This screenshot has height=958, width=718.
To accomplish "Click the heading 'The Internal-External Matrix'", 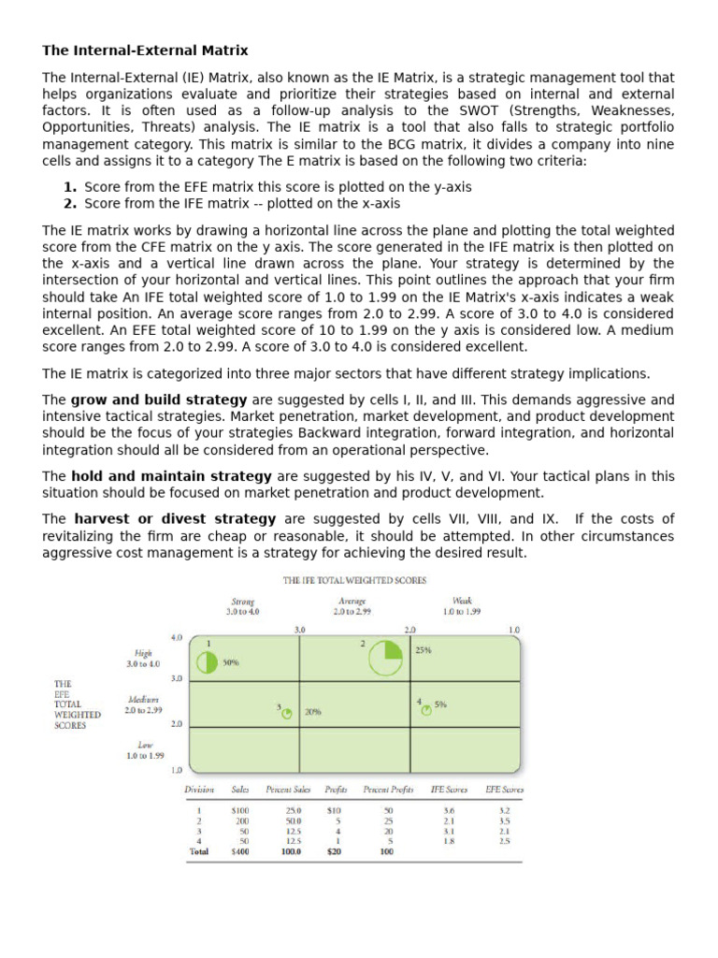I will click(145, 50).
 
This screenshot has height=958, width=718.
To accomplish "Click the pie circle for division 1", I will click(207, 662).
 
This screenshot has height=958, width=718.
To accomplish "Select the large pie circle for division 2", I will click(384, 658).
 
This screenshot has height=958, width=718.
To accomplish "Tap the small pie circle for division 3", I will click(287, 713).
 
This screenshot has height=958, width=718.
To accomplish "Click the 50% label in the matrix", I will click(231, 662).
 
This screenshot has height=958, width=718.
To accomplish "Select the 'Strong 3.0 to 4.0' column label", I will click(244, 605).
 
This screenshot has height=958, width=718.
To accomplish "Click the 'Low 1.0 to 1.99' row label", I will click(145, 749).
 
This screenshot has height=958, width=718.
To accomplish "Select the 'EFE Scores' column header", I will click(504, 790).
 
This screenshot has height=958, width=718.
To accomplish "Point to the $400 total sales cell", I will click(239, 853).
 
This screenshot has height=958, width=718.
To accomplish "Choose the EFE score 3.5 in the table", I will click(504, 820).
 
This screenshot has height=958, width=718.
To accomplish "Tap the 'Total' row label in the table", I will click(198, 853).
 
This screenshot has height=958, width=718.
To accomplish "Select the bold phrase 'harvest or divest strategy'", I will click(175, 519).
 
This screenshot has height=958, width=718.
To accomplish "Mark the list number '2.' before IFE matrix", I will click(70, 203).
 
